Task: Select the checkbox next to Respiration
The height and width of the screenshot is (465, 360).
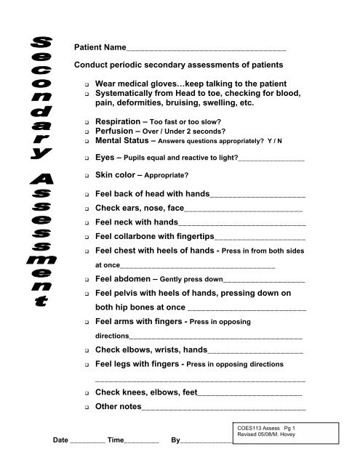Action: pyautogui.click(x=87, y=121)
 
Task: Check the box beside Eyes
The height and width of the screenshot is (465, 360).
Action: pyautogui.click(x=87, y=158)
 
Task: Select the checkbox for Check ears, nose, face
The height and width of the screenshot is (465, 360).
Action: pyautogui.click(x=87, y=209)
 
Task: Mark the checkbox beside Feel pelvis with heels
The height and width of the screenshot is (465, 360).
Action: pyautogui.click(x=87, y=294)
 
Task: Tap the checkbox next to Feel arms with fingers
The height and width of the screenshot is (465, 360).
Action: pyautogui.click(x=87, y=321)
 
